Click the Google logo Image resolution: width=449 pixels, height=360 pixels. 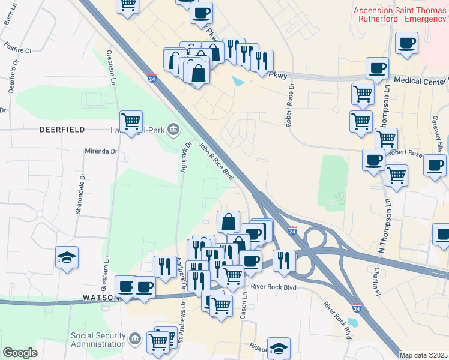click(19, 353)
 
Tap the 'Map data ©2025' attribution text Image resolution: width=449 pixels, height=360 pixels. click(424, 355)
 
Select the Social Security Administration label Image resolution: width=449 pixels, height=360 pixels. click(99, 340)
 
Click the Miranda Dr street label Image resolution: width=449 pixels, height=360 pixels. click(101, 152)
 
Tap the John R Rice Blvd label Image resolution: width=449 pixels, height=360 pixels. click(215, 161)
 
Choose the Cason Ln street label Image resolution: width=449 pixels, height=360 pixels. click(244, 307)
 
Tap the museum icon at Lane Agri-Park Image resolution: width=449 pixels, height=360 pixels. click(173, 128)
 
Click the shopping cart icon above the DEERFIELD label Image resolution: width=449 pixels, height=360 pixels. click(131, 120)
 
